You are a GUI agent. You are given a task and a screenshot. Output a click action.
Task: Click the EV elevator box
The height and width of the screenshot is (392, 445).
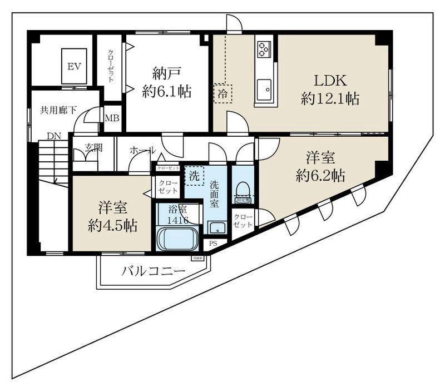(75, 67)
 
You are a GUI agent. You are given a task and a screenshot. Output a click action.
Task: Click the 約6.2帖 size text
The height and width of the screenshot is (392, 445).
(321, 176)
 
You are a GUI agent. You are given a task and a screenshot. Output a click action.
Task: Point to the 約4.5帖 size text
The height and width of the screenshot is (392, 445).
(113, 225)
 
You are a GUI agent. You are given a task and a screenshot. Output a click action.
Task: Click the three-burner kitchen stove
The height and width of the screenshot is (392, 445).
(263, 48)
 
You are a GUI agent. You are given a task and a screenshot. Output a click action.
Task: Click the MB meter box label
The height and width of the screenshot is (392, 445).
(112, 118)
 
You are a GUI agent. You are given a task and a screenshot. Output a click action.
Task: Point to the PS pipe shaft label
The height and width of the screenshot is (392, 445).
(213, 244)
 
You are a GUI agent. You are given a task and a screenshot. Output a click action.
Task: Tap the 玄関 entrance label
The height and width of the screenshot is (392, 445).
(93, 148)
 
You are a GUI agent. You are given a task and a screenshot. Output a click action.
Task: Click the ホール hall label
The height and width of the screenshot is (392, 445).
(142, 150)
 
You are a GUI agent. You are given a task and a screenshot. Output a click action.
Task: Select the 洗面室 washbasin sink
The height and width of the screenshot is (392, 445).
(216, 227)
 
